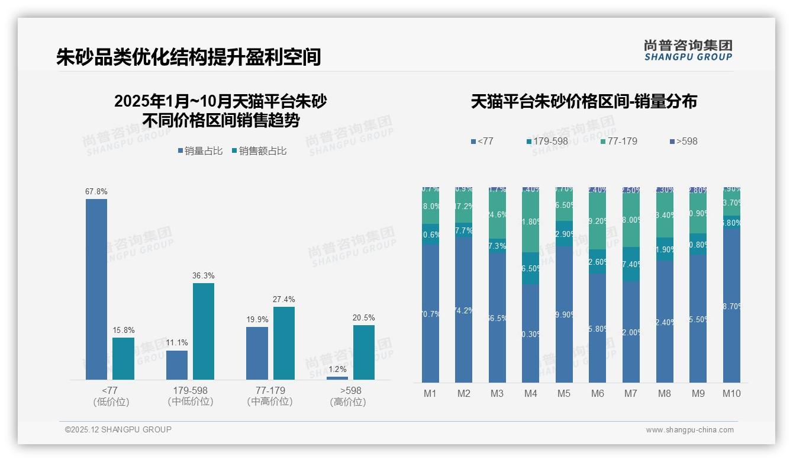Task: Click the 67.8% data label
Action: (x=96, y=192)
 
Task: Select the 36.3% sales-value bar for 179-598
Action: (x=204, y=331)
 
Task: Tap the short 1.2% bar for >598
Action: (x=337, y=378)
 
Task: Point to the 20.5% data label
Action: (x=363, y=318)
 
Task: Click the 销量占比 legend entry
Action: (x=200, y=151)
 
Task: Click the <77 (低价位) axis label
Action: (x=111, y=396)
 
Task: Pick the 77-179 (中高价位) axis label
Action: (x=270, y=396)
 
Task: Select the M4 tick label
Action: (x=530, y=394)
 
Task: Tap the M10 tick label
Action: (x=731, y=394)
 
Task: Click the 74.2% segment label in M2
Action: (x=463, y=311)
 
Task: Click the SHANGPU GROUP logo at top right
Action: (x=688, y=50)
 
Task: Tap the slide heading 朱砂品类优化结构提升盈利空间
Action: (x=188, y=57)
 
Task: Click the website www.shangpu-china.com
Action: (x=689, y=430)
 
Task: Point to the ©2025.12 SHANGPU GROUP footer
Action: (x=118, y=430)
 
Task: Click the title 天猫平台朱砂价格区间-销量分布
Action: (x=584, y=101)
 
